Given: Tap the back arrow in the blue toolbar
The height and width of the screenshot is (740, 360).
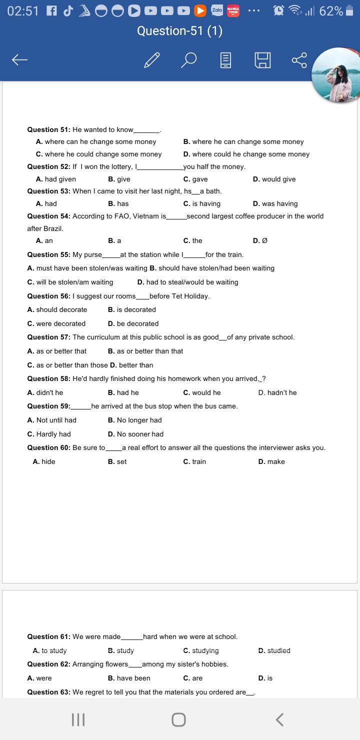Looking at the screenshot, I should click(x=20, y=60).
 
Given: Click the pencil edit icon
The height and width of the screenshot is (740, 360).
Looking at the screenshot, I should click(x=151, y=60).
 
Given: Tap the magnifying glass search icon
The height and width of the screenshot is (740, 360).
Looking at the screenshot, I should click(x=188, y=60).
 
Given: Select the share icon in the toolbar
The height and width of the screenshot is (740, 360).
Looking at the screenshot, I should click(x=299, y=60).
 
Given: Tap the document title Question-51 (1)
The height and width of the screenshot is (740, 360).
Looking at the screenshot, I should click(x=179, y=31).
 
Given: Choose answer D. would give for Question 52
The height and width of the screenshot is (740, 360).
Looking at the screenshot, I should click(x=274, y=179).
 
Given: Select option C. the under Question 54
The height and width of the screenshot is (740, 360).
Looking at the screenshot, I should click(x=193, y=241).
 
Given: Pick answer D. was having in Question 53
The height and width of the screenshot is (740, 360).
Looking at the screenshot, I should click(x=275, y=204).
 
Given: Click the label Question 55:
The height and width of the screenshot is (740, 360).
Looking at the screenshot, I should click(x=49, y=255).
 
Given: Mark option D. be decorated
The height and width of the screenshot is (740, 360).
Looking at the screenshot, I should click(x=133, y=324).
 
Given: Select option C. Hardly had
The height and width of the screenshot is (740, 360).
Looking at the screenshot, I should click(x=49, y=434).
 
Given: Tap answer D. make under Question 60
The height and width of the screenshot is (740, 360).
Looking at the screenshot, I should click(x=271, y=462).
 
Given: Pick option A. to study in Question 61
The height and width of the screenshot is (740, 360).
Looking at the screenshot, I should click(x=49, y=651).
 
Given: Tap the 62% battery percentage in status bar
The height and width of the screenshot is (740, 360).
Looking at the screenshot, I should click(x=331, y=11).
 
